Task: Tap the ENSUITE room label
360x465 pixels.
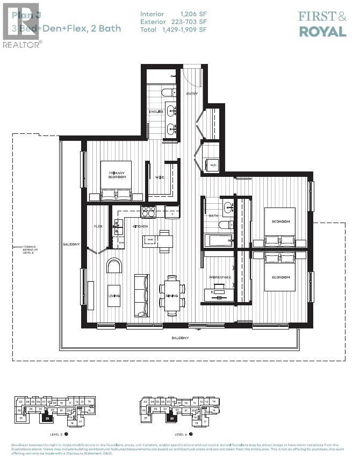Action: pos(156,111)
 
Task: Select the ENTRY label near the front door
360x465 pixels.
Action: pos(192,94)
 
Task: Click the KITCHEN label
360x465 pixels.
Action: pos(140,227)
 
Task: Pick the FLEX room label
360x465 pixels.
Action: pos(98,226)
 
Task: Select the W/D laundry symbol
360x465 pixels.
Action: pos(213,165)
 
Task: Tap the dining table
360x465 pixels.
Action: pos(172,295)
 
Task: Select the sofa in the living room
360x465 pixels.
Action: pos(141,295)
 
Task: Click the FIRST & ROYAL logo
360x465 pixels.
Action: pos(322,24)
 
